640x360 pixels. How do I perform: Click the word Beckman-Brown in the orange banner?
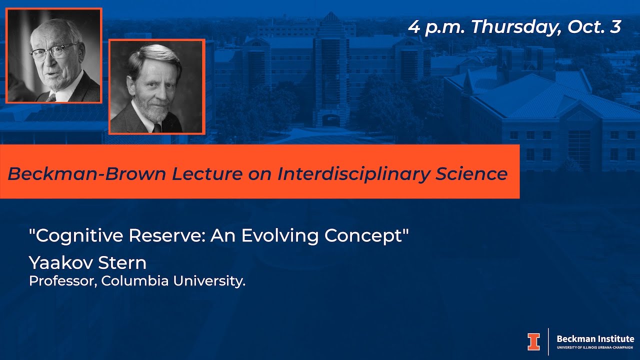(86, 173)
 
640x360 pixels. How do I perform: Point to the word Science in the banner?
(471, 173)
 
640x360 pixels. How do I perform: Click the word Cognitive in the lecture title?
(79, 235)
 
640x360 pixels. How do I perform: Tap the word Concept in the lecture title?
(363, 236)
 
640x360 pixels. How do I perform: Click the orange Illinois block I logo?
(533, 341)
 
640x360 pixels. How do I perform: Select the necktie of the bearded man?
(157, 127)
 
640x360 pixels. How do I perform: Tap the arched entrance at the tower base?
(331, 120)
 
